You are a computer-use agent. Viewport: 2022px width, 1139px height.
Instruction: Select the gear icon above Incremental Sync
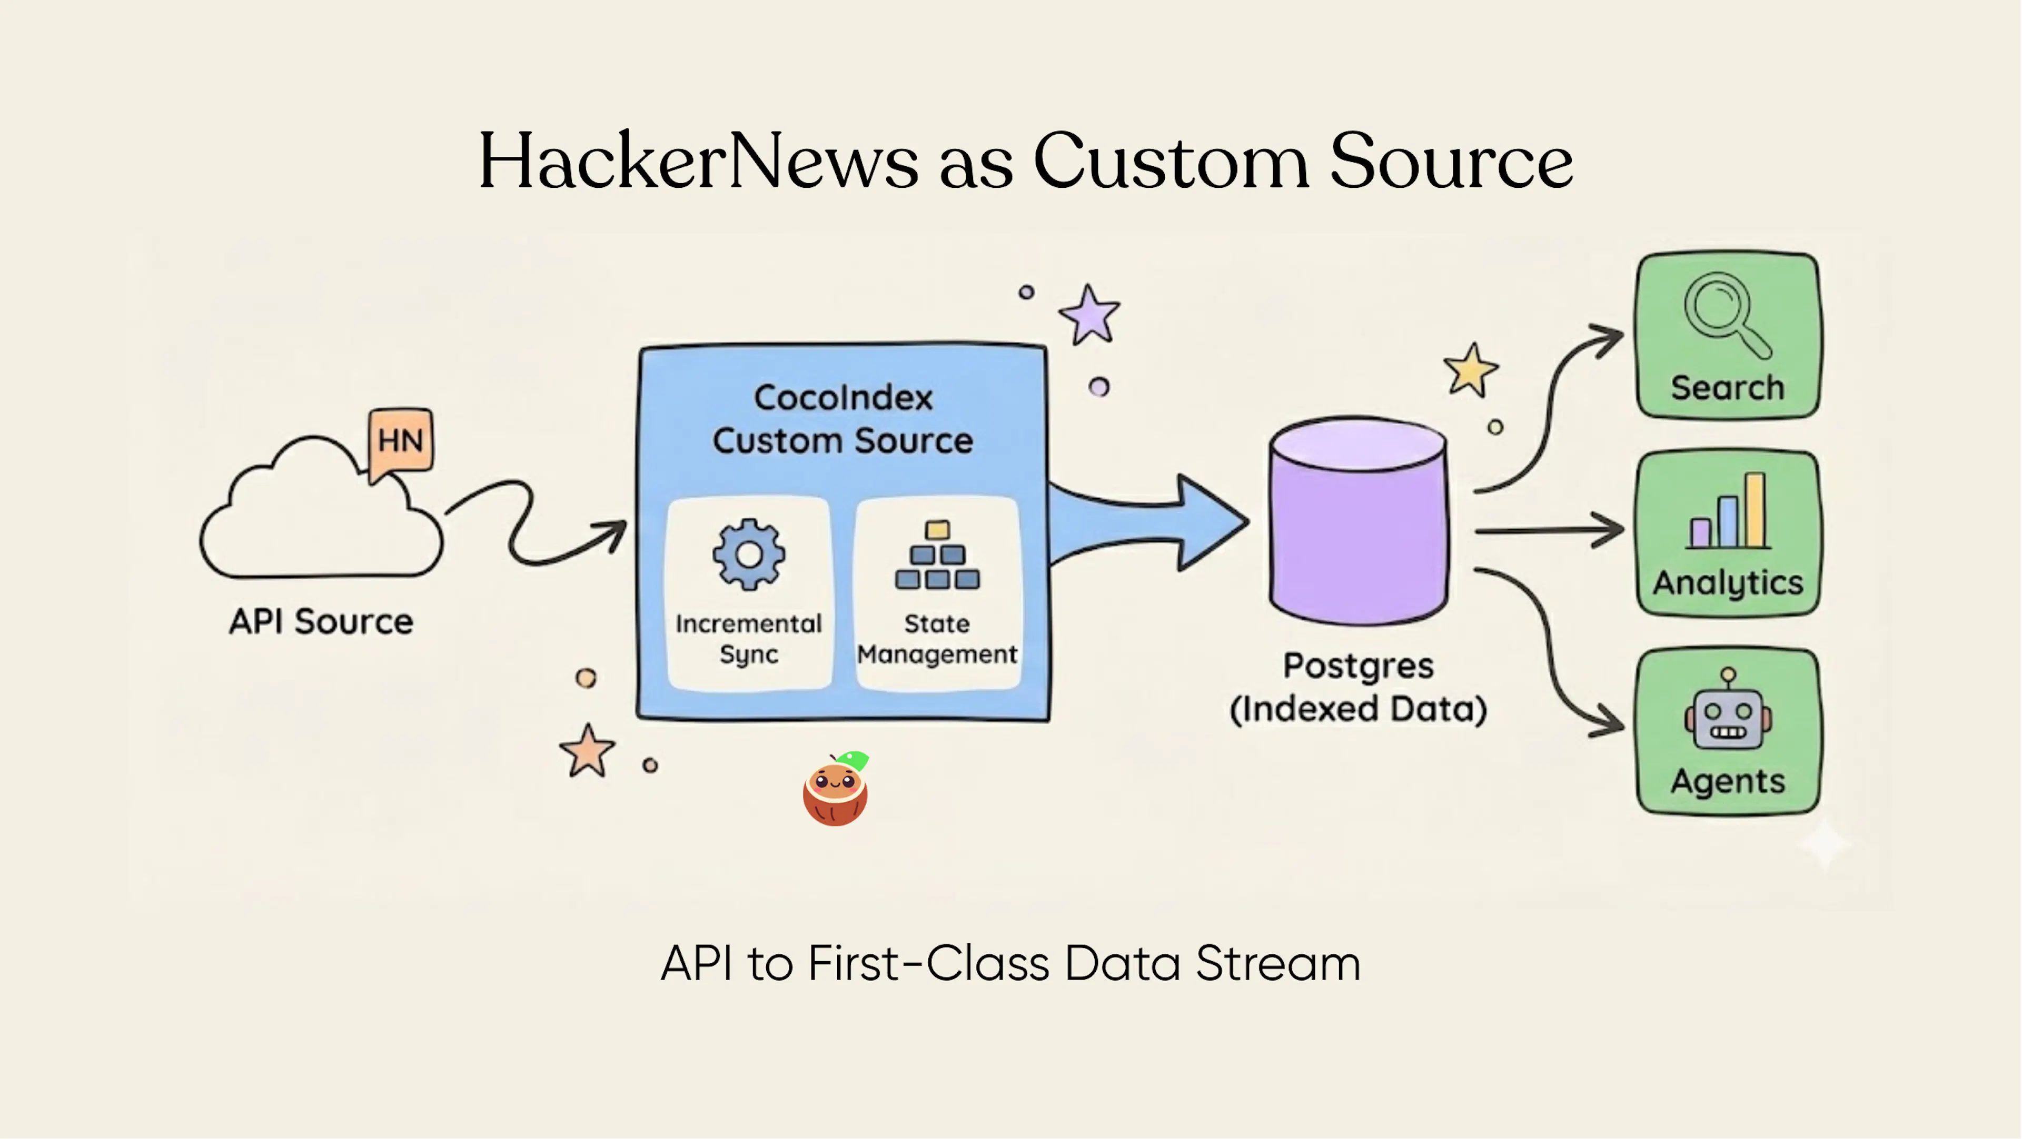[749, 554]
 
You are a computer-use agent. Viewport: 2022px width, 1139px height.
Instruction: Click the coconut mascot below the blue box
[835, 789]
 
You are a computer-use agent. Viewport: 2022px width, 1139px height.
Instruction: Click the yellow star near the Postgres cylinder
[1470, 370]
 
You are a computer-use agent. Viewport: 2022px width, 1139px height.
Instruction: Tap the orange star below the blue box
[587, 751]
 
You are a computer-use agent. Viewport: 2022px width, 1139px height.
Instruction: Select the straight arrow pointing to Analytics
[1550, 531]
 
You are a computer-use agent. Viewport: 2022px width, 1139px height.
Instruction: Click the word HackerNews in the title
[698, 162]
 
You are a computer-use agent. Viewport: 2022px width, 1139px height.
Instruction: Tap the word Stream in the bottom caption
[1278, 963]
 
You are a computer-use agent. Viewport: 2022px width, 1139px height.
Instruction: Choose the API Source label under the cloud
[321, 621]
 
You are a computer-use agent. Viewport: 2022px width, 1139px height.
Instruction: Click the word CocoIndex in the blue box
[843, 398]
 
